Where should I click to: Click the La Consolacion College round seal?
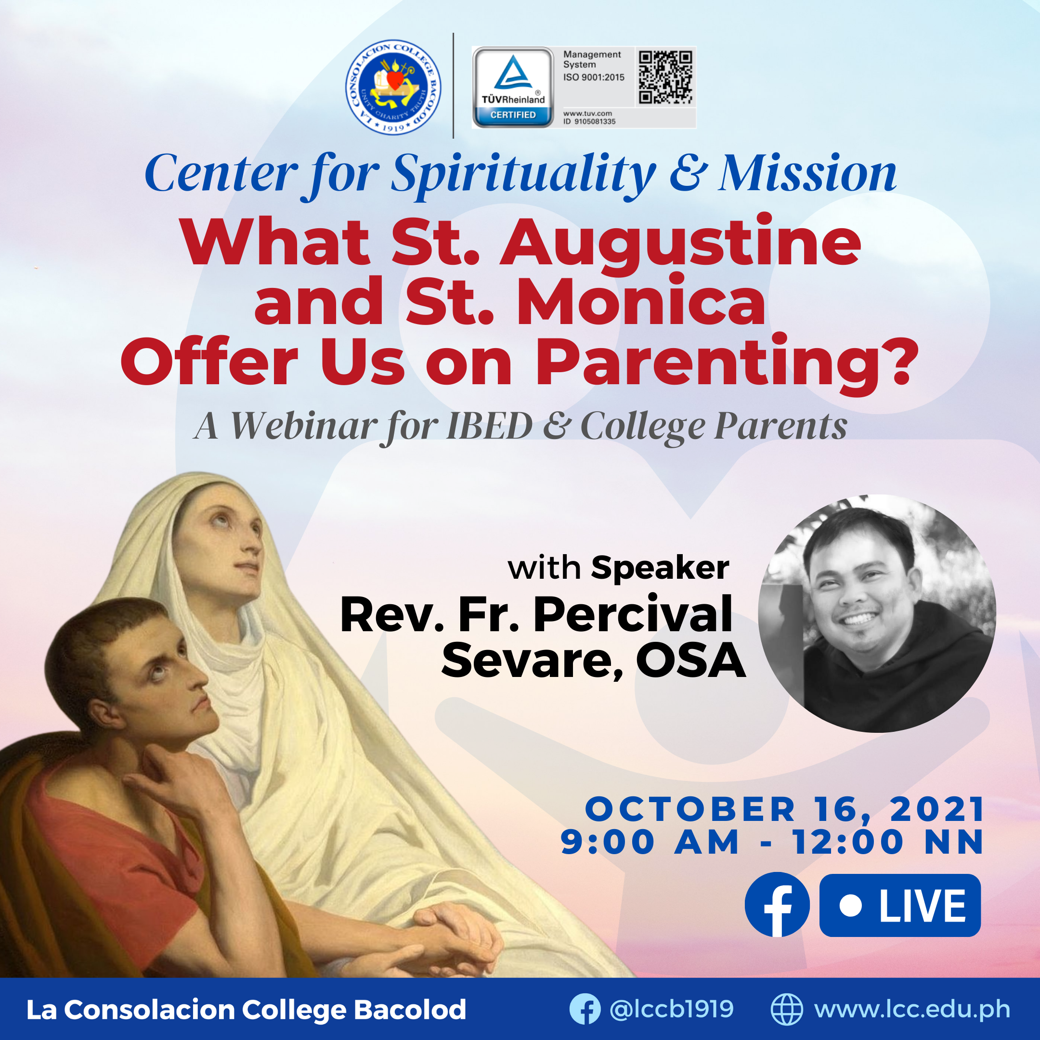pyautogui.click(x=393, y=87)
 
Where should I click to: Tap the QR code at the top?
pyautogui.click(x=665, y=77)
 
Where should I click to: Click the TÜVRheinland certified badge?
pyautogui.click(x=513, y=87)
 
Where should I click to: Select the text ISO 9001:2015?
pyautogui.click(x=594, y=78)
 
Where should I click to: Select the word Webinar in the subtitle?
pyautogui.click(x=304, y=426)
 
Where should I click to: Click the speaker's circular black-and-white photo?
pyautogui.click(x=877, y=613)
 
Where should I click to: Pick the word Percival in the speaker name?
pyautogui.click(x=633, y=614)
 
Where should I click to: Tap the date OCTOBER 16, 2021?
pyautogui.click(x=785, y=809)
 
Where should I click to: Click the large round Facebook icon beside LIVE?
pyautogui.click(x=777, y=904)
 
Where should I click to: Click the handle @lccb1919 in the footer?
pyautogui.click(x=671, y=1009)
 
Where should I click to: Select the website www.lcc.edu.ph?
pyautogui.click(x=912, y=1009)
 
